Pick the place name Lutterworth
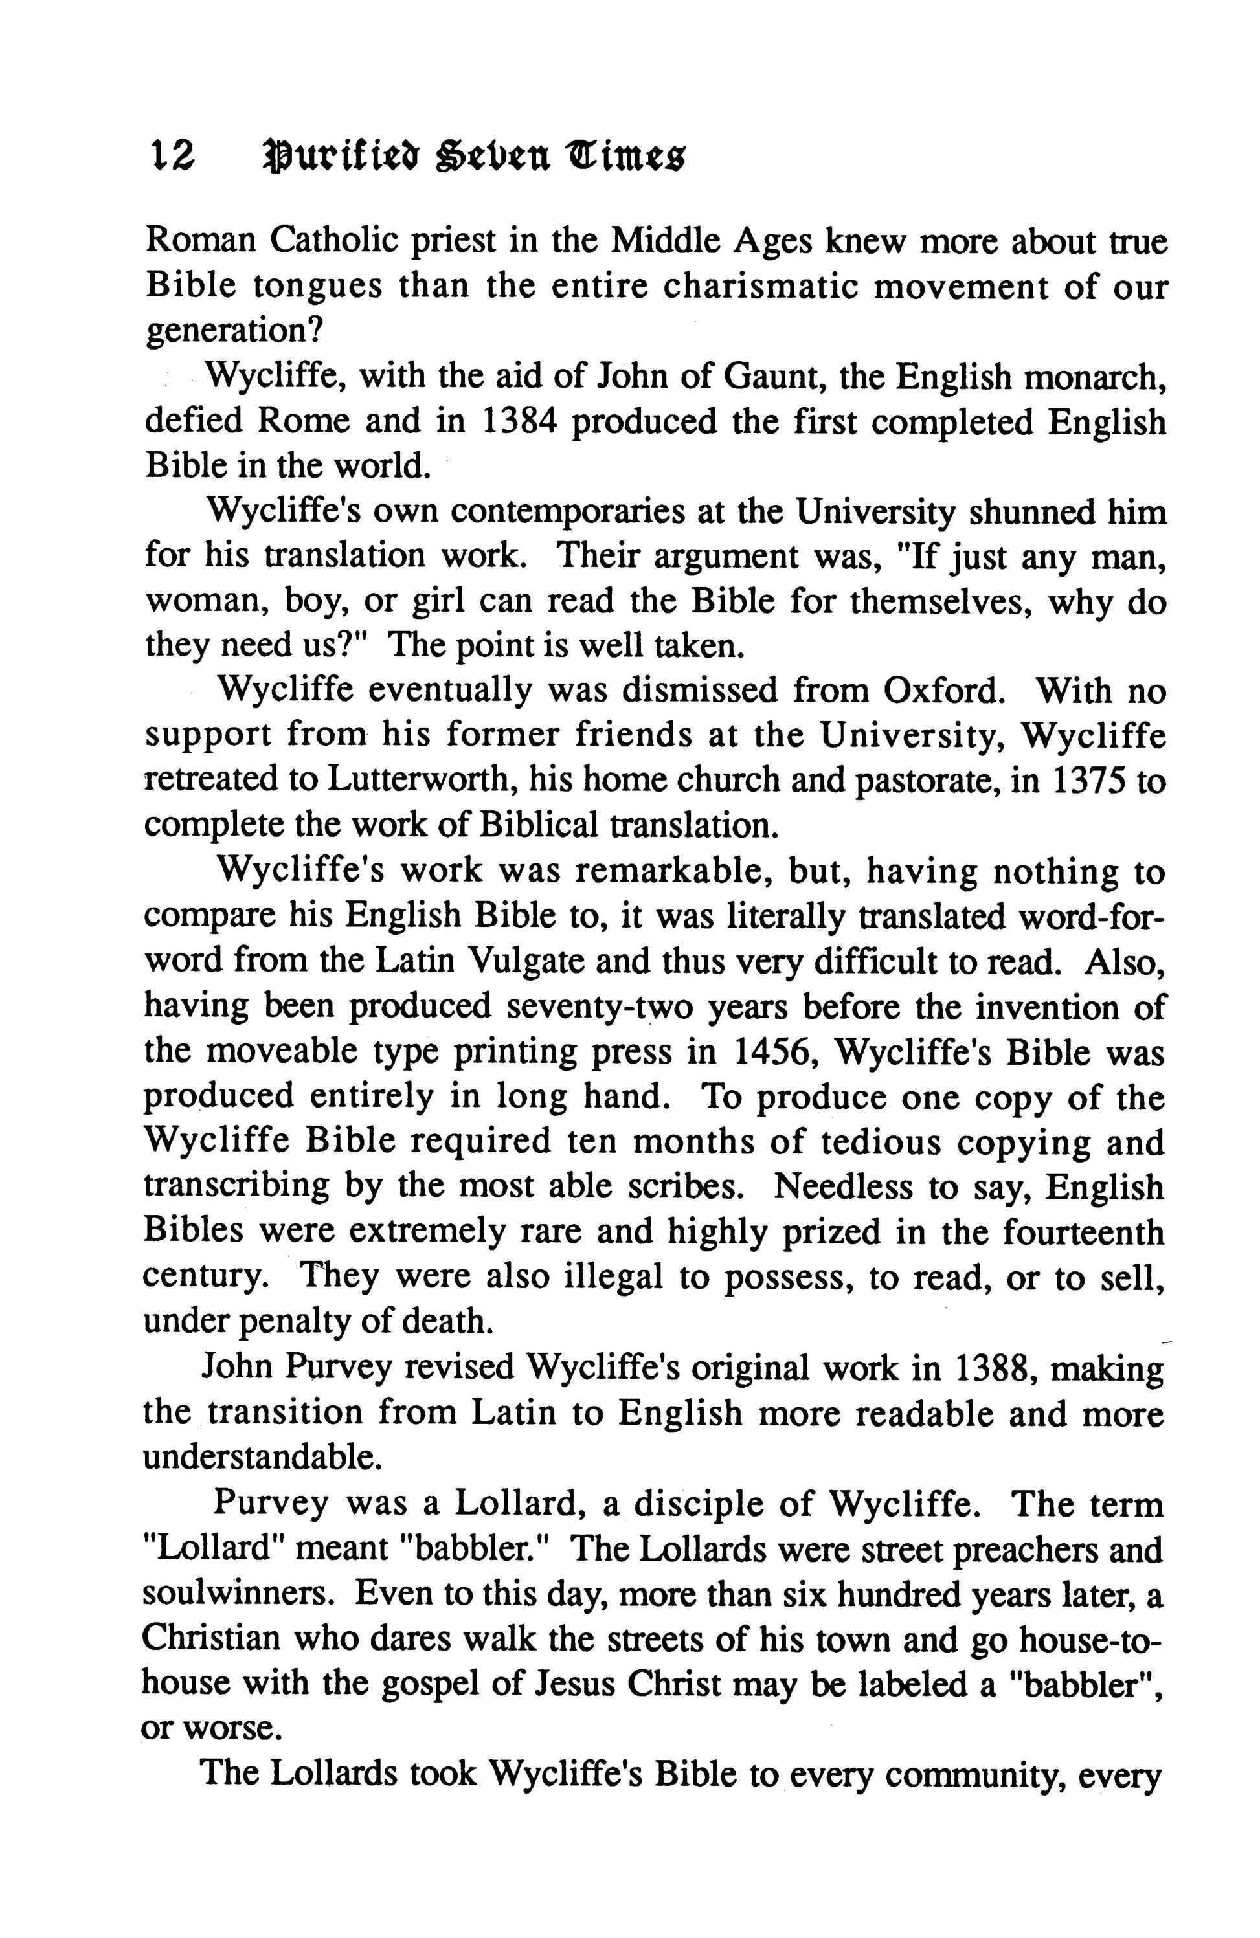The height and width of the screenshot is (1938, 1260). pos(419,780)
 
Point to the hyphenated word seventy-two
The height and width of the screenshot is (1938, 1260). pos(600,1007)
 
